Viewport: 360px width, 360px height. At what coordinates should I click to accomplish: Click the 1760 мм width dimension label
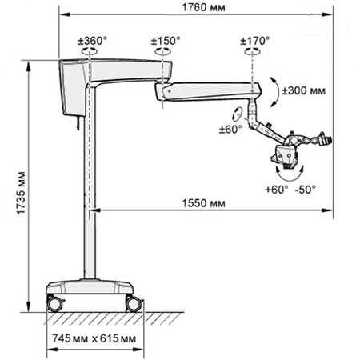pos(203,7)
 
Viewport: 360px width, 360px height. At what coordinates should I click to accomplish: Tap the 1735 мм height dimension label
pos(21,193)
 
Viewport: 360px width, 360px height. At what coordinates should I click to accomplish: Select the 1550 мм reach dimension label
pos(203,203)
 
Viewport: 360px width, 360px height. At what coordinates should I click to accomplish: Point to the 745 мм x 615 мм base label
pos(94,338)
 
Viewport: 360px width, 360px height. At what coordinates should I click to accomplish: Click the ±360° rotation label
pos(92,41)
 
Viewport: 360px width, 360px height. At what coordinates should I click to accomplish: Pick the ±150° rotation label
pos(166,41)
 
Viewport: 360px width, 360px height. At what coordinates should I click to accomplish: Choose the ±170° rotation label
pos(255,41)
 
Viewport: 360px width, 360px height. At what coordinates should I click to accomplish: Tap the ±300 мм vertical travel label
pos(304,90)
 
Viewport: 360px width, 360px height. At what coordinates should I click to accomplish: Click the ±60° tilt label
pos(230,130)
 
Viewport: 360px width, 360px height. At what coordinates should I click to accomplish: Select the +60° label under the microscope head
pos(277,190)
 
